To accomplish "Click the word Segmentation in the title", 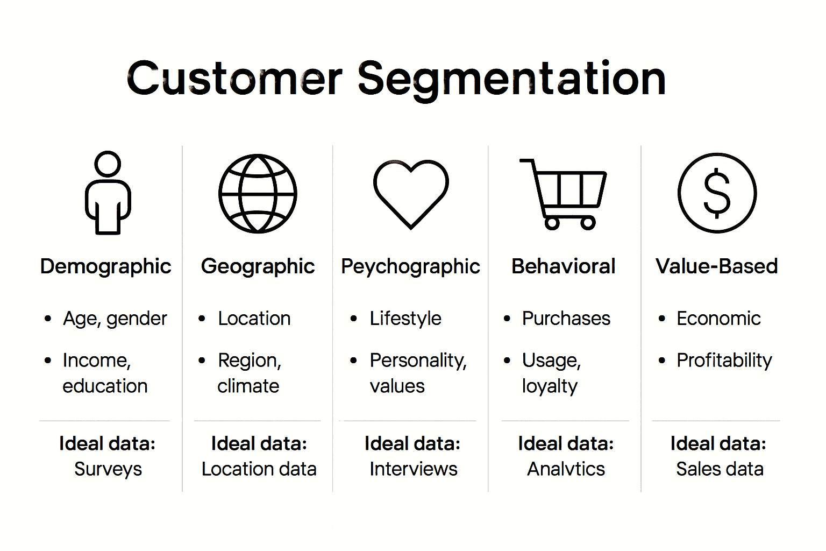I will point(511,79).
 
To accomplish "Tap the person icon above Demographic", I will point(108,193).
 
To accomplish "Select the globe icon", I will point(258,194).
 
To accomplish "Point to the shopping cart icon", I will point(564,194).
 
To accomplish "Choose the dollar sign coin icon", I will point(717,193).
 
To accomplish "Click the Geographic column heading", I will point(258,266).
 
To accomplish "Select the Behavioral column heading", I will point(563,266).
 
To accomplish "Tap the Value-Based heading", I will point(716,266).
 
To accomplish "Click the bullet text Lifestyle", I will point(405,319).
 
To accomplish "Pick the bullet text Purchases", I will point(566,319).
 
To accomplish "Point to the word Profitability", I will point(724,360).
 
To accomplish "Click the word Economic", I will point(718,319).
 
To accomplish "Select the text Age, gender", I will point(115,319).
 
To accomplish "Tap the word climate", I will point(248,386).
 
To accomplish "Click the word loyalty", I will point(550,386).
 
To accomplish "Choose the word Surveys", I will point(108,469).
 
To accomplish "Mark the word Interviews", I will point(413,469).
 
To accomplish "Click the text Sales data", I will point(720,469).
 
